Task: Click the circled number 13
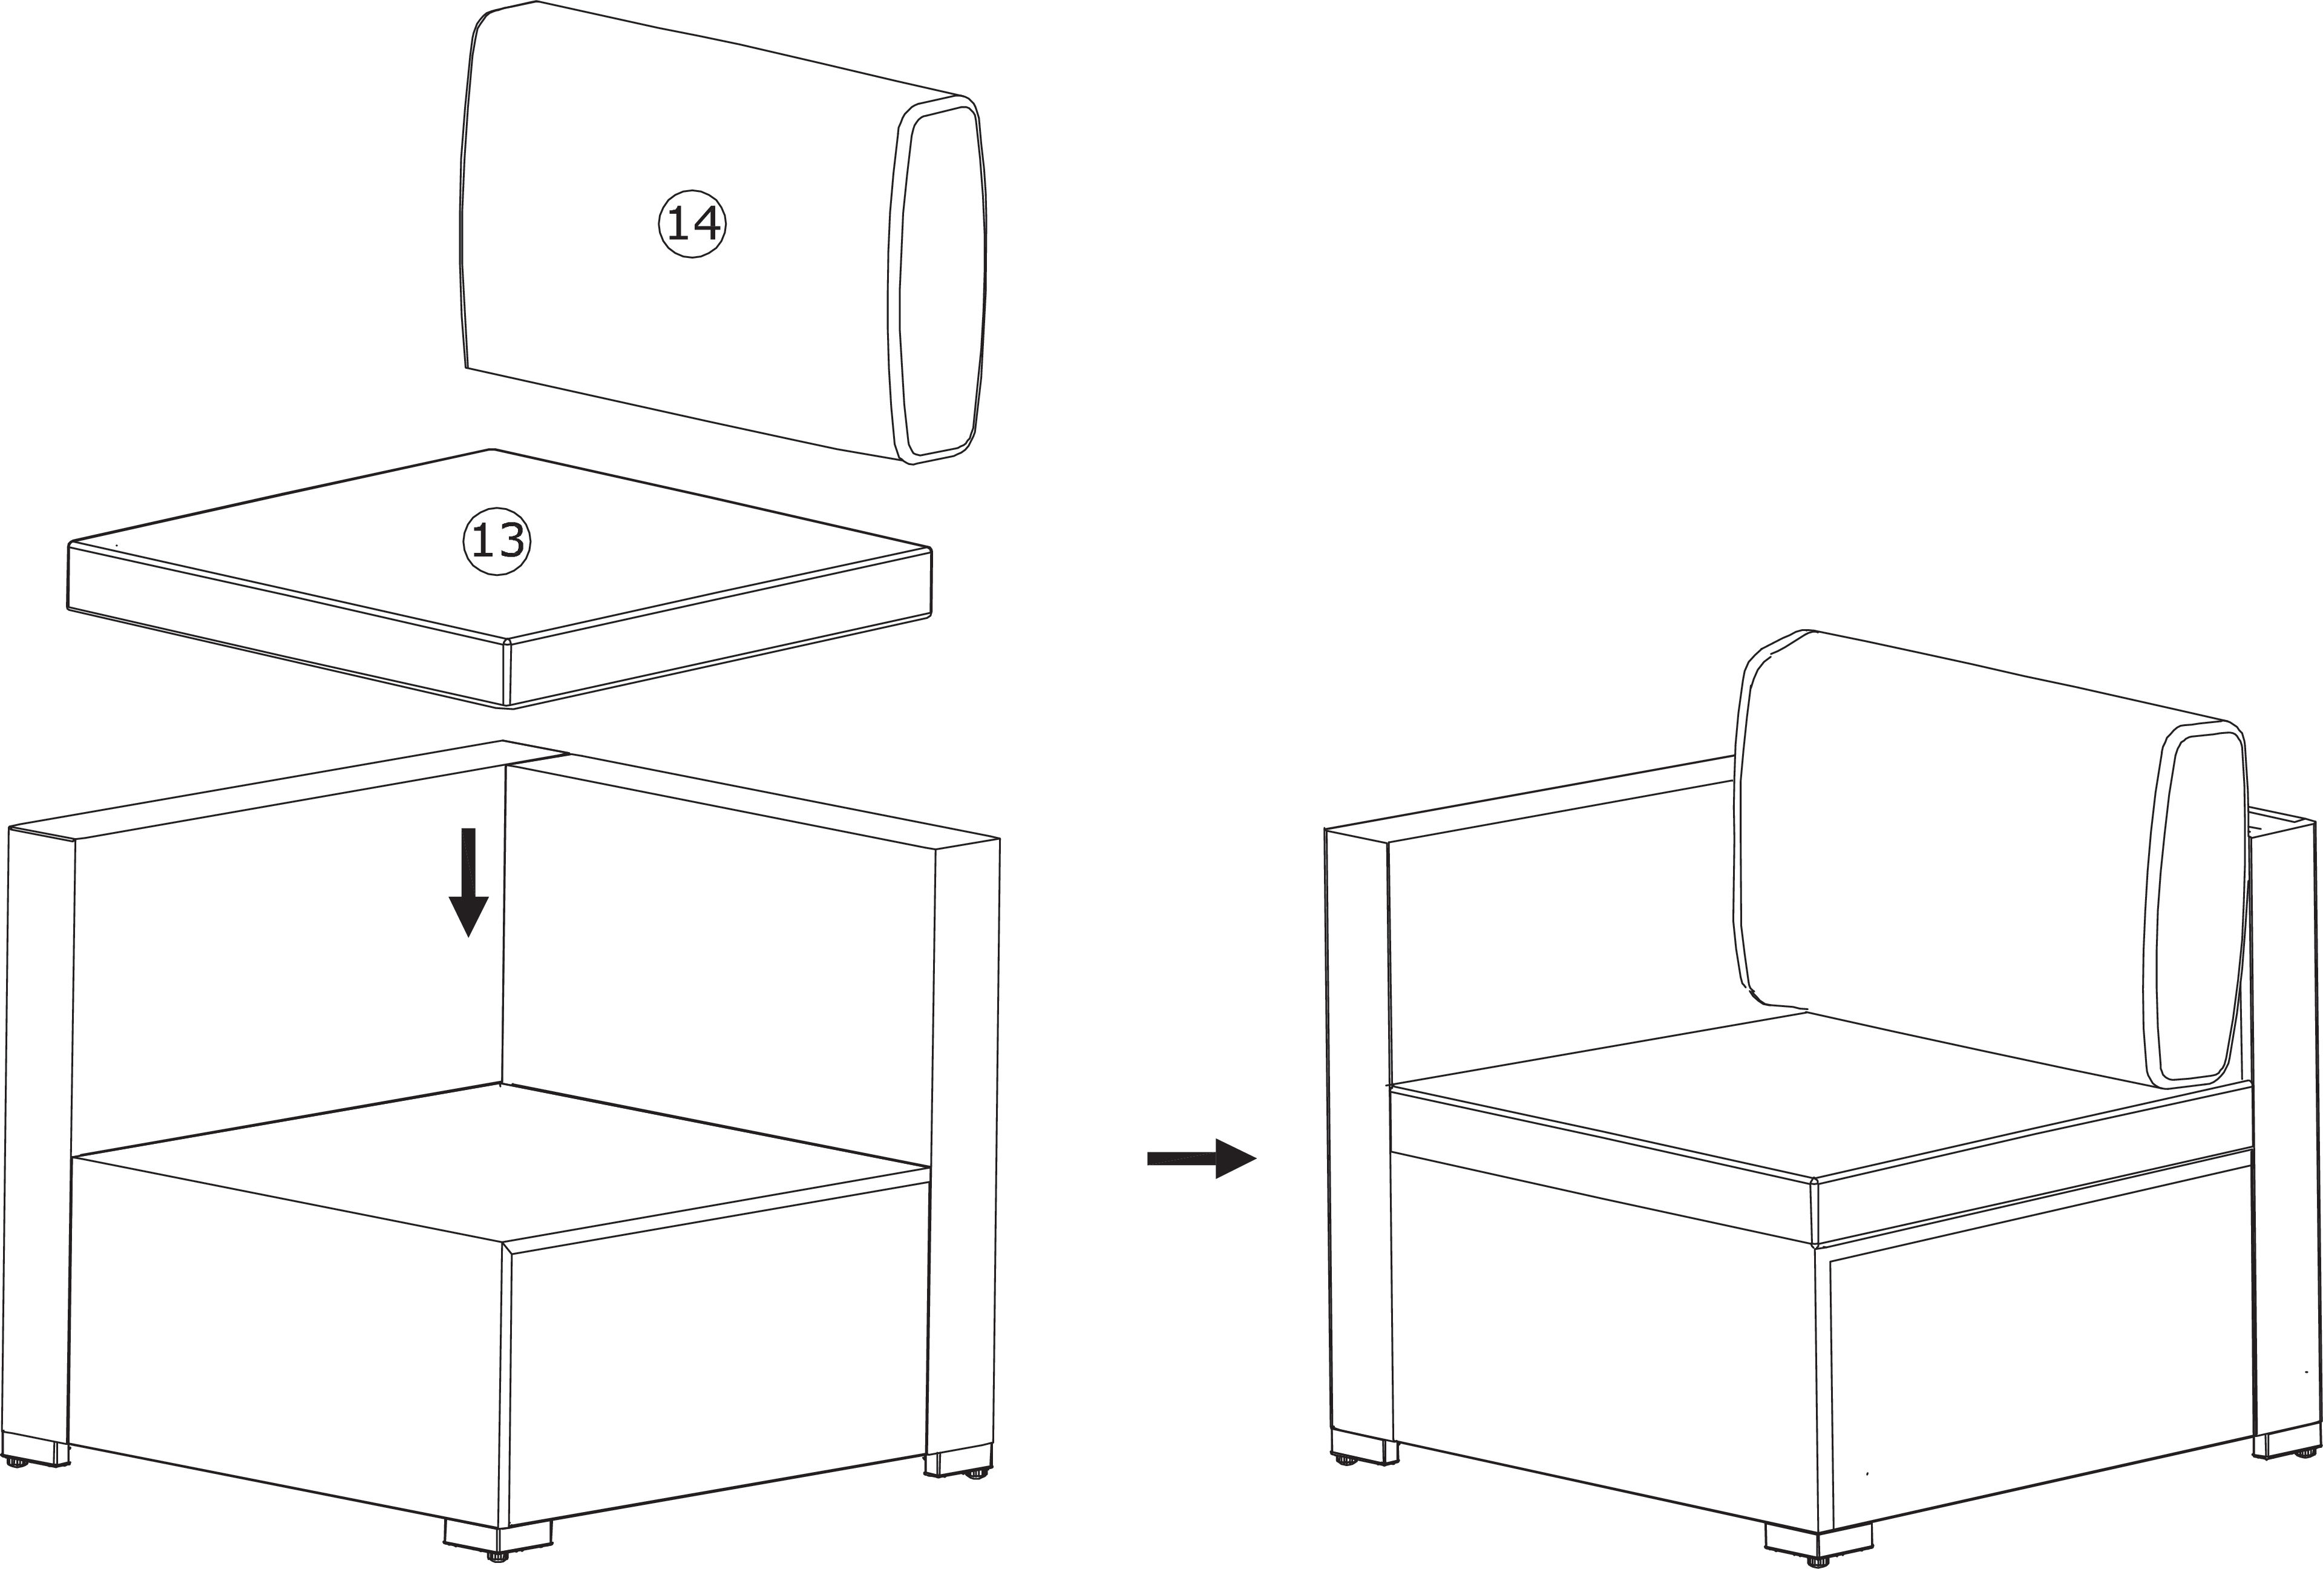pos(497,541)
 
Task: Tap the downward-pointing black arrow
pos(468,882)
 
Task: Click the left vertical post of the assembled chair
pos(1360,1140)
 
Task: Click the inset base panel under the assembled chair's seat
pos(2039,1400)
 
